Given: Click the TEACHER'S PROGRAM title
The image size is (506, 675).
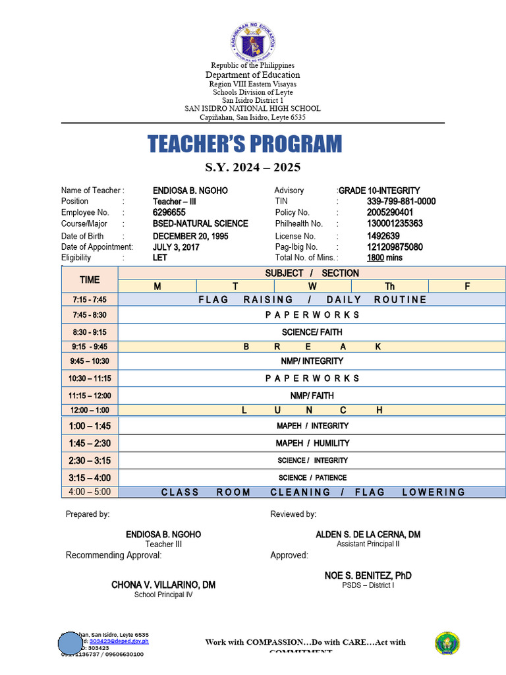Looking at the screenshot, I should coord(245,144).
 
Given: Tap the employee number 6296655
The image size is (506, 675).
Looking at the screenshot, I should coord(169,212).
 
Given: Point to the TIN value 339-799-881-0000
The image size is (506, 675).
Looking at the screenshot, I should coord(401,201).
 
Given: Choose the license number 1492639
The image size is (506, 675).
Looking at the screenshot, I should coord(383,236).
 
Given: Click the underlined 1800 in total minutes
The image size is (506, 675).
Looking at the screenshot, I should coord(375,258).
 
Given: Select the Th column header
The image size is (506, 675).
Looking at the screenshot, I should coord(389,286).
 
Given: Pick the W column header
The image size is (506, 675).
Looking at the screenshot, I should coord(312,286).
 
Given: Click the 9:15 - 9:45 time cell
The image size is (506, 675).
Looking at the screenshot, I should coord(90,347).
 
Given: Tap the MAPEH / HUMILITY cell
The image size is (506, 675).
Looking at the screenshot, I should coord(312,443).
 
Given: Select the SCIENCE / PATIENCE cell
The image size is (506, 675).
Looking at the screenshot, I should coord(312,477).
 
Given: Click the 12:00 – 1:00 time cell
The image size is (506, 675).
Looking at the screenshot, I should coord(90,410).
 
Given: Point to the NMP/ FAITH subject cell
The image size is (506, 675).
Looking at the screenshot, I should coord(312,396).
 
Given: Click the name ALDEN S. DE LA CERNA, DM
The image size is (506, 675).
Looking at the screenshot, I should coord(368,534).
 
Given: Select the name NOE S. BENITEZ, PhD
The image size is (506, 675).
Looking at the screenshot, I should coord(368,575).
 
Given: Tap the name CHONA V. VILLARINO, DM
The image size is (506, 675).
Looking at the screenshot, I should coord(163,585).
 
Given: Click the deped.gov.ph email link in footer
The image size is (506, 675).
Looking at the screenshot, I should coord(119,641).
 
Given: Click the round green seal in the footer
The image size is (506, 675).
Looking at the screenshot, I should coord(447,643).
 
